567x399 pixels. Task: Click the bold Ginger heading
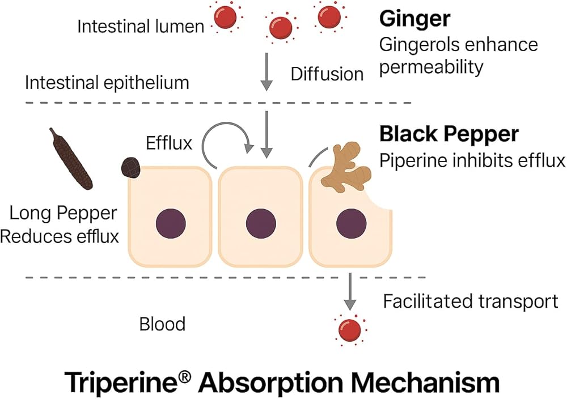click(x=414, y=19)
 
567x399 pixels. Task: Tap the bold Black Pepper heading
click(x=448, y=134)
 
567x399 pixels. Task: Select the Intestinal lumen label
click(x=140, y=26)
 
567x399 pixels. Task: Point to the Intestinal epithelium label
click(x=107, y=83)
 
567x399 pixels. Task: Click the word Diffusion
click(x=327, y=74)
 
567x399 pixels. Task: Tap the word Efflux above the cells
click(x=169, y=143)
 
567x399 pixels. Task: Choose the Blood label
click(x=162, y=324)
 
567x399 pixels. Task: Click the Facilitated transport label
click(x=471, y=301)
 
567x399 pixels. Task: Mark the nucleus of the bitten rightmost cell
click(x=350, y=223)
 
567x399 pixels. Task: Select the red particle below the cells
click(x=350, y=329)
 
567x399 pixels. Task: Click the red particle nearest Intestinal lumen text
click(x=225, y=18)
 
